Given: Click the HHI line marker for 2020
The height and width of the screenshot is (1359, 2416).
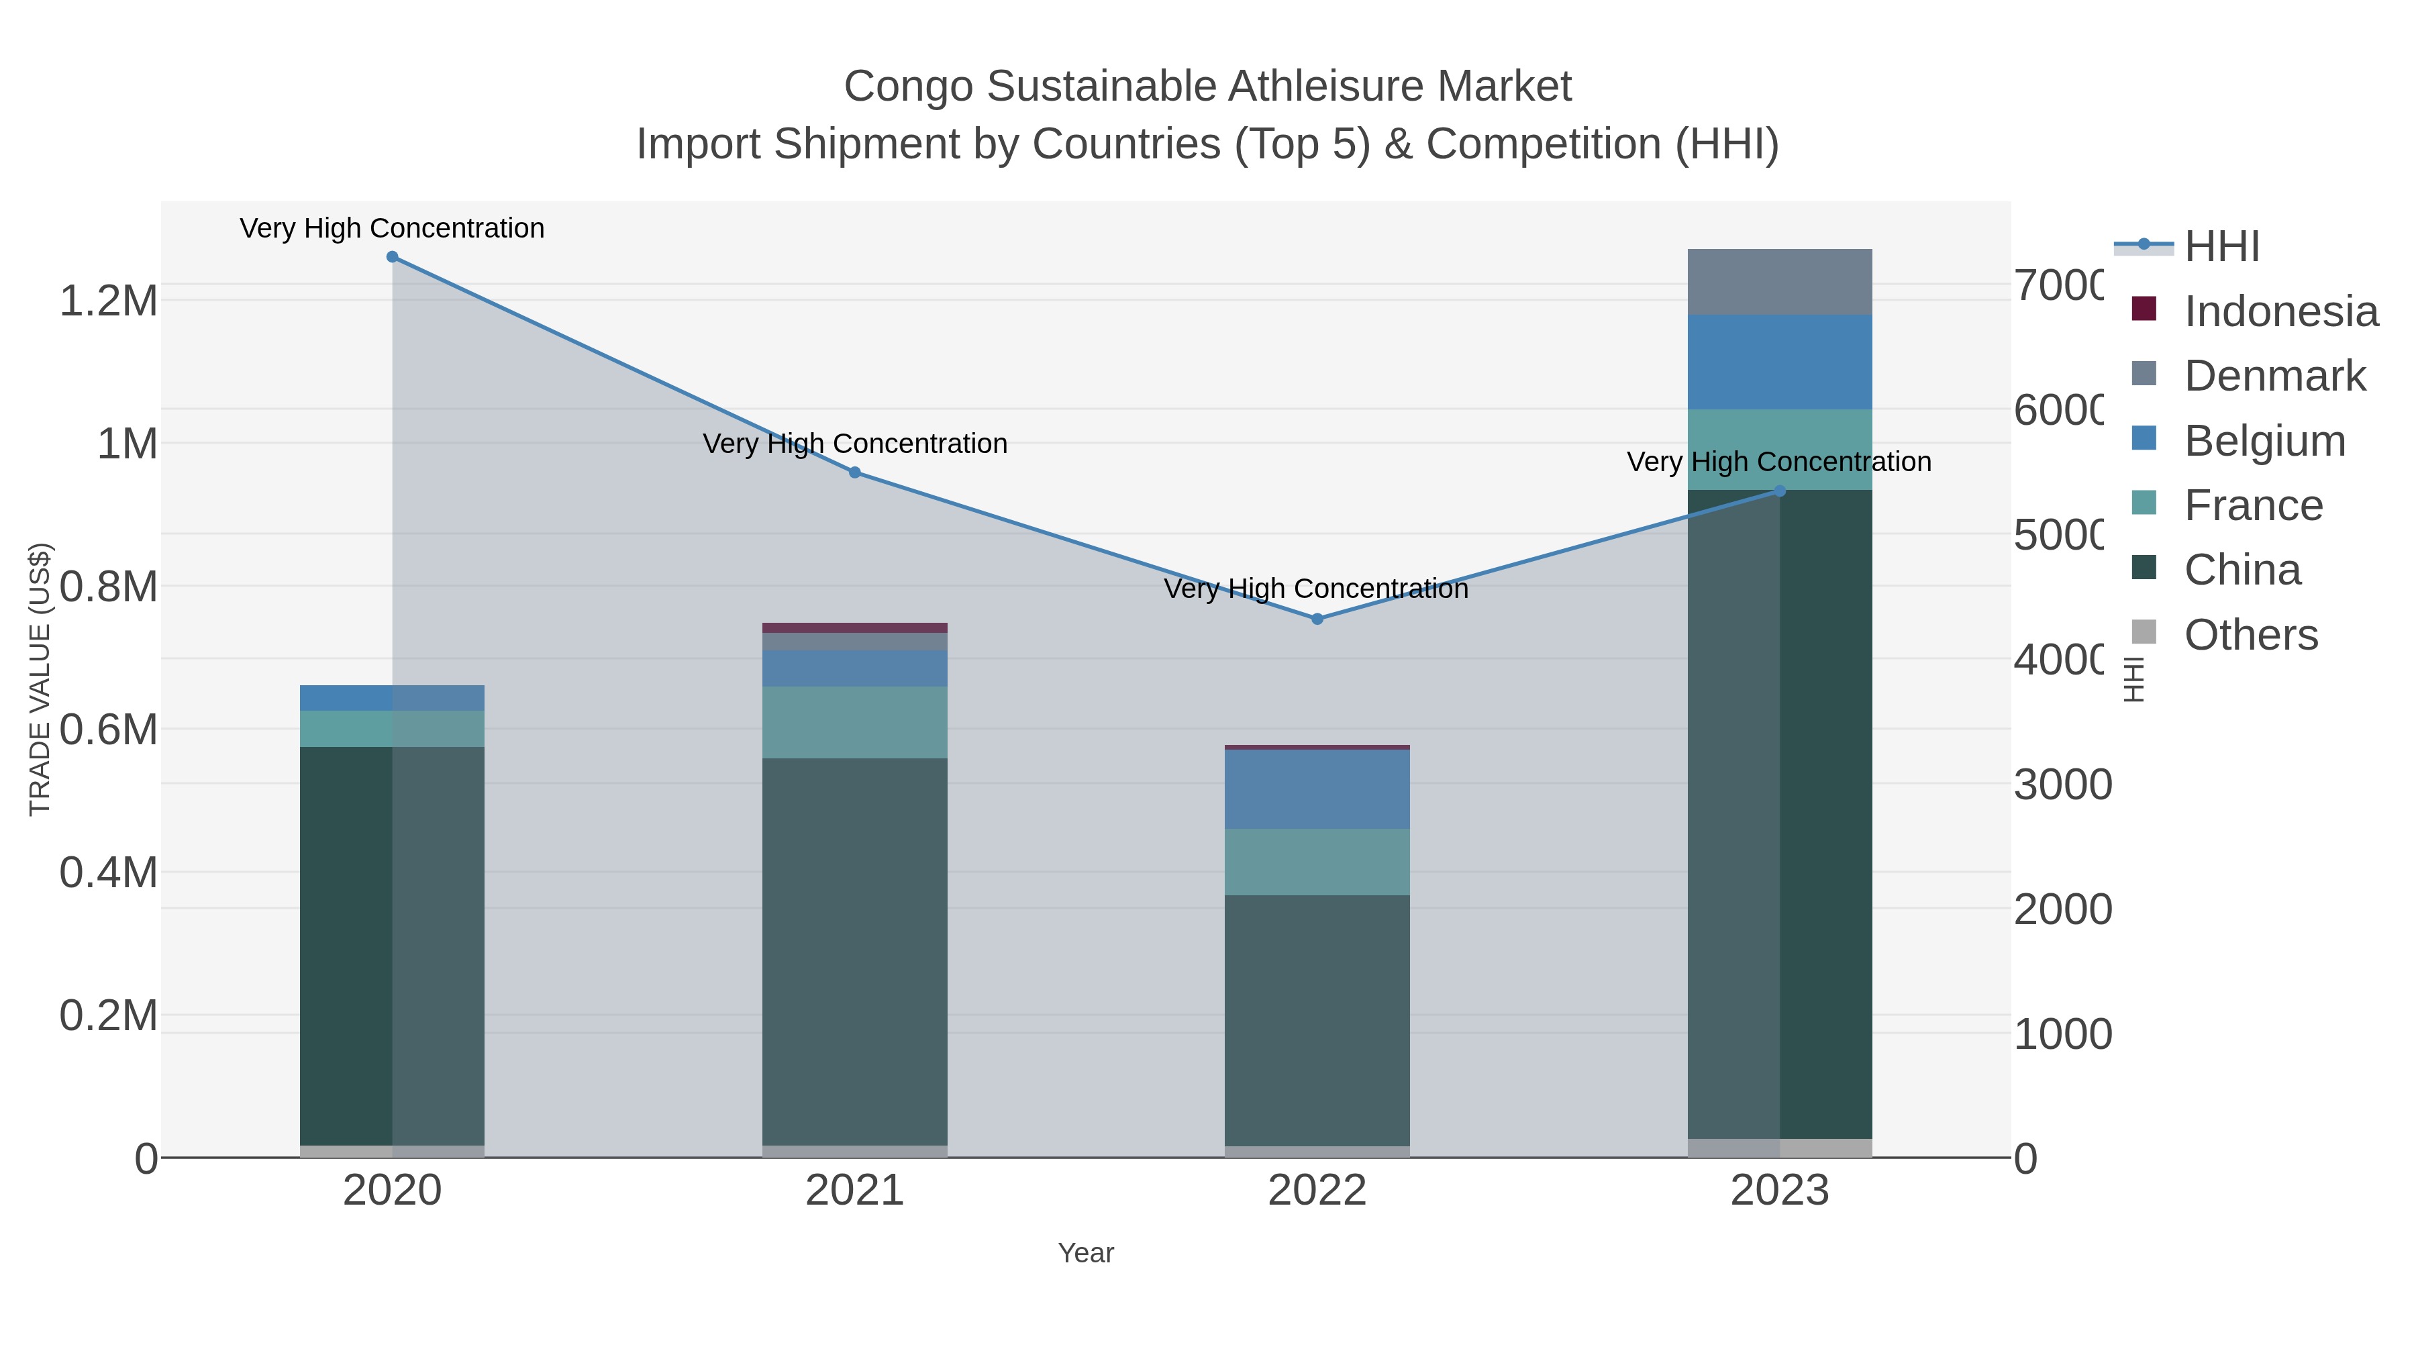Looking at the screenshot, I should click(x=392, y=257).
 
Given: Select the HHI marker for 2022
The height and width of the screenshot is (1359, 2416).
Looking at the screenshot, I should click(x=1317, y=619).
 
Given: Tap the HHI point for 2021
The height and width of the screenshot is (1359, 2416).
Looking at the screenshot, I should click(x=854, y=472).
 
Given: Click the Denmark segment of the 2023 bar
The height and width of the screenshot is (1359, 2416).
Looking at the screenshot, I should click(x=1779, y=283).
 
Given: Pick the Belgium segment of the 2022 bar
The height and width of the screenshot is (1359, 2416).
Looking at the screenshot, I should click(x=1317, y=789).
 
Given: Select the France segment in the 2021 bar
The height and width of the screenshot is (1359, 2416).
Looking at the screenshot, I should click(x=854, y=722).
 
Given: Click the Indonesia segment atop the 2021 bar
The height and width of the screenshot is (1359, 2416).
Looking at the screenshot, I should click(x=854, y=627).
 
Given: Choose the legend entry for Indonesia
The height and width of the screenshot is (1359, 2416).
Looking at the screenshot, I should click(x=2280, y=311).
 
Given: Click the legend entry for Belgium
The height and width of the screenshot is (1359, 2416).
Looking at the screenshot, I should click(x=2264, y=441).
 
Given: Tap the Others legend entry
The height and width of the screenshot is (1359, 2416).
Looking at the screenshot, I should click(x=2250, y=635).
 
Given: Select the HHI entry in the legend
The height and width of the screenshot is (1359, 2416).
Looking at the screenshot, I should click(x=2221, y=247).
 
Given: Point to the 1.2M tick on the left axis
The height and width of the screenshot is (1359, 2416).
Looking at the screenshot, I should click(x=108, y=301).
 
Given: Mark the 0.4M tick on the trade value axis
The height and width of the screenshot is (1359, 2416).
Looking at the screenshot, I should click(x=108, y=872).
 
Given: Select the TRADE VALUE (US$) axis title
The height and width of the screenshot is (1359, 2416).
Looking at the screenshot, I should click(x=40, y=679).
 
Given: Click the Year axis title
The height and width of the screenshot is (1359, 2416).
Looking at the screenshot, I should click(x=1085, y=1253).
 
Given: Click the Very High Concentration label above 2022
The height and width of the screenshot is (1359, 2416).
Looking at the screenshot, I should click(x=1316, y=589).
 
